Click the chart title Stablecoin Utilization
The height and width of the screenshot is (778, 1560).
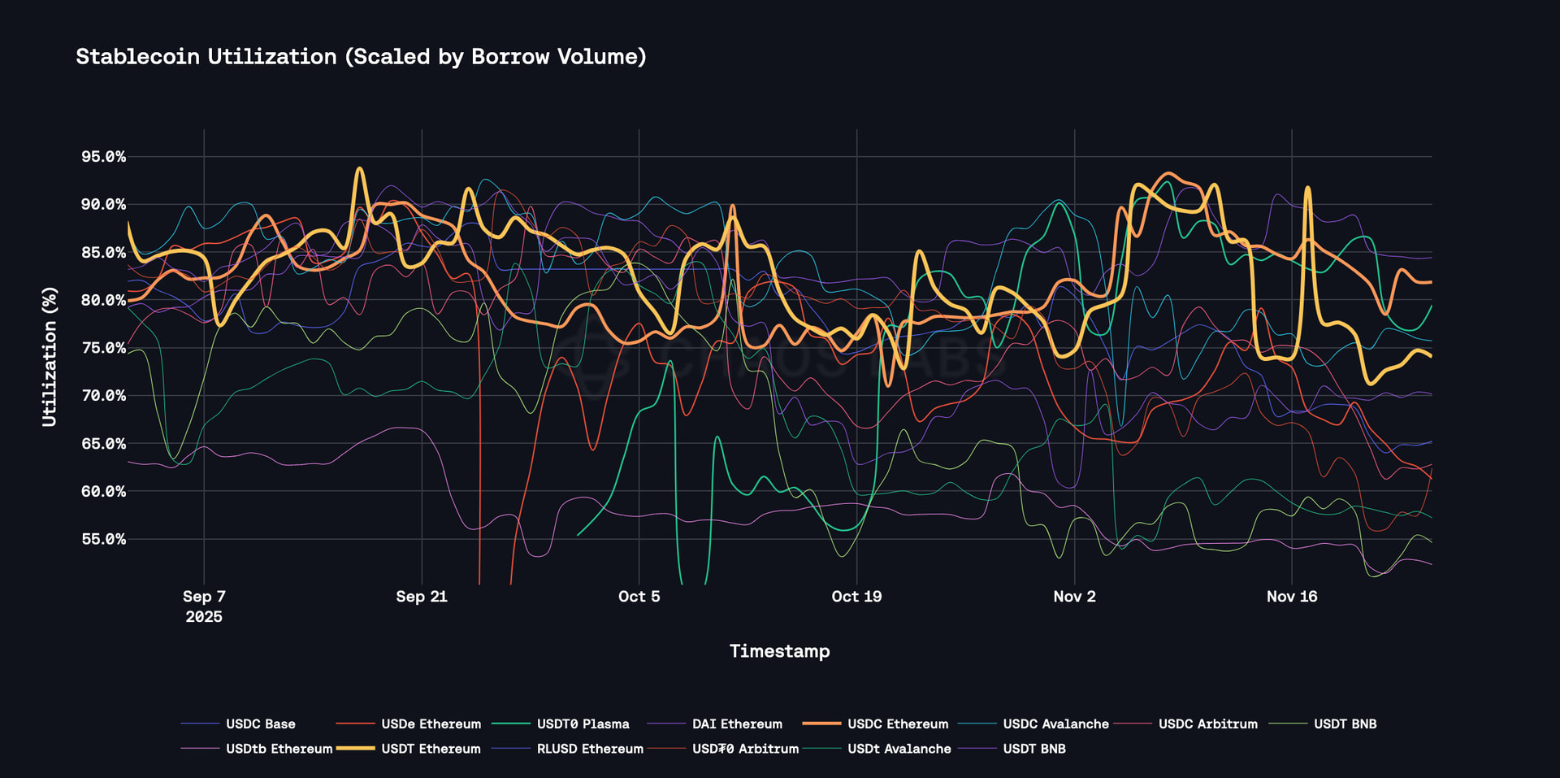click(x=361, y=57)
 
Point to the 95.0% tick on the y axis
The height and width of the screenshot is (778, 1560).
click(x=103, y=157)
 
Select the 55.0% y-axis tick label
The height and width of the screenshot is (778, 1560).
click(x=103, y=539)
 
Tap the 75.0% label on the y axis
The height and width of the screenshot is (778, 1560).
click(x=103, y=348)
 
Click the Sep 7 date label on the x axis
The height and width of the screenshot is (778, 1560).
click(x=204, y=597)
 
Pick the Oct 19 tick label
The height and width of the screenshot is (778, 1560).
click(x=856, y=597)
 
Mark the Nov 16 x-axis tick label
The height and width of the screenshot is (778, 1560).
click(x=1292, y=597)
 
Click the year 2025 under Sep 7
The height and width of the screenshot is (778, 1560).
click(x=204, y=617)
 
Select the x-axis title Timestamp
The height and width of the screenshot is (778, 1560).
click(x=779, y=651)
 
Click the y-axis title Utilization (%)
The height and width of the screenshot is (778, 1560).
click(x=50, y=356)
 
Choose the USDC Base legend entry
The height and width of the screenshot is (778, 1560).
click(x=260, y=724)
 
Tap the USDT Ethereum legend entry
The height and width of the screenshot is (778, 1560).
click(x=431, y=749)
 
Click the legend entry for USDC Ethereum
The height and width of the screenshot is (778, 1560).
click(x=897, y=724)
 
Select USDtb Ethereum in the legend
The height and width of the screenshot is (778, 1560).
click(x=279, y=749)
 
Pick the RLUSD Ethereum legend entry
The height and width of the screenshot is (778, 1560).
click(x=590, y=749)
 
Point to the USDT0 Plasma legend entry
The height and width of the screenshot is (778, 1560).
click(x=583, y=724)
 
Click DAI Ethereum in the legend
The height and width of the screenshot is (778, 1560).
click(x=737, y=724)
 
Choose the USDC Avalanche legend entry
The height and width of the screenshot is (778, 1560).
click(x=1055, y=724)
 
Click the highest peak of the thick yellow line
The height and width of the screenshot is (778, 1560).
click(x=359, y=168)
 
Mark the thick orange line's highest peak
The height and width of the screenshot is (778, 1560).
click(x=1168, y=173)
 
